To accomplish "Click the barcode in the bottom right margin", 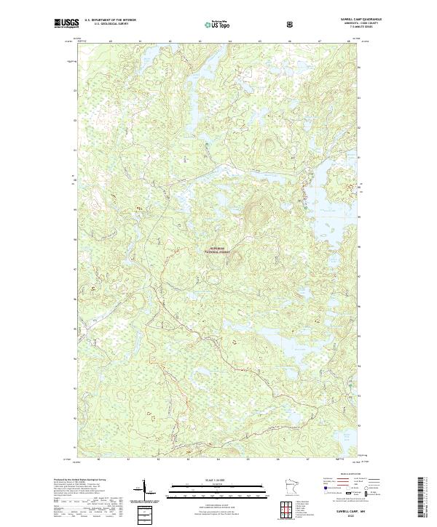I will pyautogui.click(x=425, y=499).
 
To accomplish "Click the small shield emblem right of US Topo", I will pyautogui.click(x=291, y=24).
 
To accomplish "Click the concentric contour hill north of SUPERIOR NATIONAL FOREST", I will pyautogui.click(x=255, y=214).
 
